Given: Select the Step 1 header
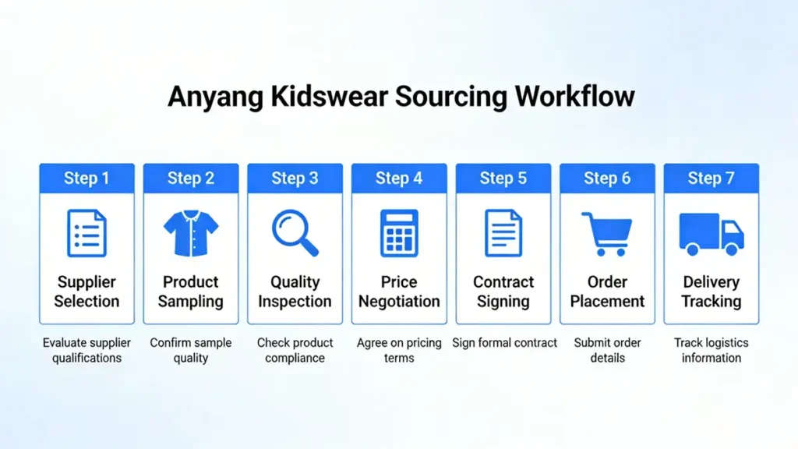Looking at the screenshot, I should click(87, 179).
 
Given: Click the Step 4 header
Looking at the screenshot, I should click(399, 179).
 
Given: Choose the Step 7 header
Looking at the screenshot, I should click(711, 179).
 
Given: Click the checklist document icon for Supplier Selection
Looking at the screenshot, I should click(87, 233).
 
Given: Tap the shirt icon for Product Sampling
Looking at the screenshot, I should click(191, 233).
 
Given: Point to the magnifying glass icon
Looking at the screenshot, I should click(295, 233).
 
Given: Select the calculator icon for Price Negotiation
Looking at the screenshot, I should click(399, 233).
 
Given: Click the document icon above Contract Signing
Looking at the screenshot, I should click(503, 233).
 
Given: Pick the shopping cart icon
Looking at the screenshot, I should click(606, 233).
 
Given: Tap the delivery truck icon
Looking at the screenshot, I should click(711, 233).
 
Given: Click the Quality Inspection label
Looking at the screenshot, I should click(295, 292).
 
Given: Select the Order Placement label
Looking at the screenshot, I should click(607, 292).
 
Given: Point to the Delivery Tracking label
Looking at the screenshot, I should click(711, 292).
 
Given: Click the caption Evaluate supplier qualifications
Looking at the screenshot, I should click(87, 350).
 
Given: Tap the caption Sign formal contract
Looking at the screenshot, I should click(503, 343).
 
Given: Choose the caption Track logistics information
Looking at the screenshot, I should click(711, 350).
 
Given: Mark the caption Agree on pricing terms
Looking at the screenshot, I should click(399, 350).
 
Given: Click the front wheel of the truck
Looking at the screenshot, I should click(731, 249).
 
